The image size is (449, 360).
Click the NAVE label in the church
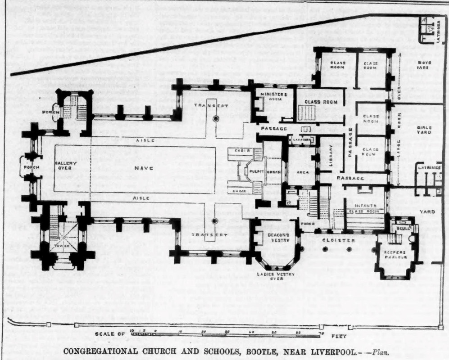[x=146, y=168]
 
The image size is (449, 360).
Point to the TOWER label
[x=63, y=246]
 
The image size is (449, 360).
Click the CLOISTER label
[x=338, y=240]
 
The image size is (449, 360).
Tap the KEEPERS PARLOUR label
[x=396, y=255]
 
